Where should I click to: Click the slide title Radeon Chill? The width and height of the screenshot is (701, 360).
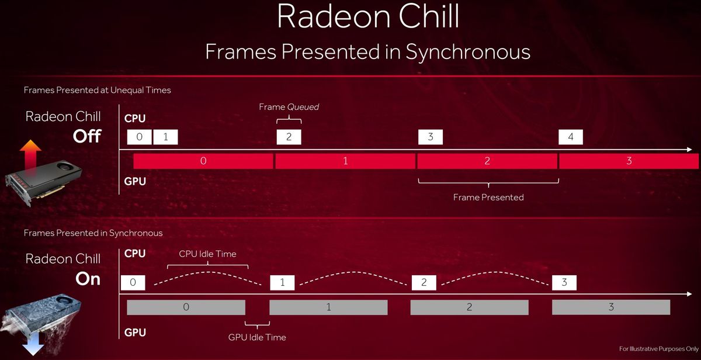[x=367, y=17]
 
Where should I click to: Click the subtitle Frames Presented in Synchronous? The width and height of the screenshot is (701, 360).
[x=367, y=52]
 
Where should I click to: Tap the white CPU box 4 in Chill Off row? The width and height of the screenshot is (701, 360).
[x=570, y=137]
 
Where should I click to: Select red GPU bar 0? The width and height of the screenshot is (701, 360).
[x=203, y=161]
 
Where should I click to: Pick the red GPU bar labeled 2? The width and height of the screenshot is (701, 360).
[x=487, y=161]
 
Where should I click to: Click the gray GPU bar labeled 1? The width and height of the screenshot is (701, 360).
[x=328, y=307]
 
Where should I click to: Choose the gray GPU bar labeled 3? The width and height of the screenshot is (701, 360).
[x=611, y=307]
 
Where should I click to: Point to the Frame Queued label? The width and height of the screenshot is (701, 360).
[x=289, y=107]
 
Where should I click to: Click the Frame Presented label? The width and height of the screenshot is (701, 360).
[x=488, y=198]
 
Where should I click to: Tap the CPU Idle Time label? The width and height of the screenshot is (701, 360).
[x=207, y=254]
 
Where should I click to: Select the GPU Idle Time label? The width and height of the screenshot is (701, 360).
[x=257, y=337]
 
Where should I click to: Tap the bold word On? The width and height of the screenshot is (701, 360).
[x=88, y=279]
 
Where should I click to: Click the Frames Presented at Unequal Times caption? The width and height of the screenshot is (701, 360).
[x=97, y=91]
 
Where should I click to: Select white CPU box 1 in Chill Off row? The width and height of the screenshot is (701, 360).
[x=166, y=137]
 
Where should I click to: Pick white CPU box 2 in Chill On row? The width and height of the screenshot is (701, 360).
[x=424, y=283]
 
